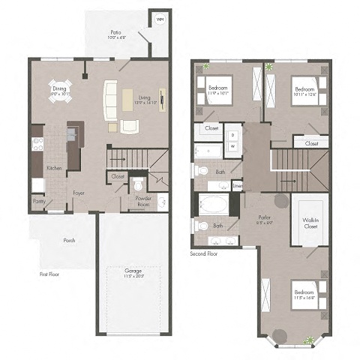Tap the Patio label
coord(115,33)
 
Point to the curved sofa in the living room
coord(110,101)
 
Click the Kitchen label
coord(54,169)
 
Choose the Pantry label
coord(39,201)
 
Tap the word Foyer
coord(78,193)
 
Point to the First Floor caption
coord(50,274)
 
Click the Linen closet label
coord(237,185)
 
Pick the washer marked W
coord(232,145)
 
